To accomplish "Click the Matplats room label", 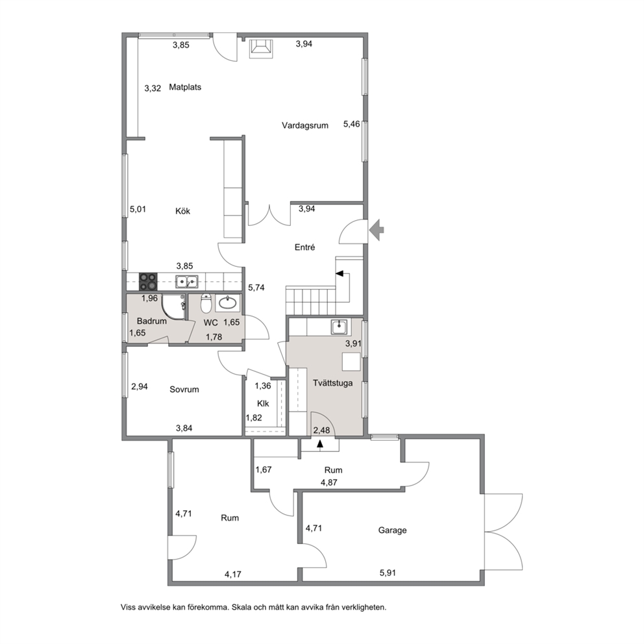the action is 185,87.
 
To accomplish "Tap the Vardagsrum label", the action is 304,126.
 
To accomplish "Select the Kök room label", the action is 183,211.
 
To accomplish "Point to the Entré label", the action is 304,247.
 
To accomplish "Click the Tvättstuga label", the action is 332,383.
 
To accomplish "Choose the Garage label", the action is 392,530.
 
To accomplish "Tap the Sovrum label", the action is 184,390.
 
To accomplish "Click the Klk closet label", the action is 263,403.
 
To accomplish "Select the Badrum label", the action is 151,321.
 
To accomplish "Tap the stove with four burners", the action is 148,282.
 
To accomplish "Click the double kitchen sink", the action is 187,281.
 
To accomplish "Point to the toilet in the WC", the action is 206,303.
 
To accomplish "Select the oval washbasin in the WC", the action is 227,303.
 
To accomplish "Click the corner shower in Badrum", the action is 173,306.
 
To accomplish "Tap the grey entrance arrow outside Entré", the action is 377,230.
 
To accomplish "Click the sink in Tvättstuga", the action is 339,327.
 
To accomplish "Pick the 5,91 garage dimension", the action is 388,573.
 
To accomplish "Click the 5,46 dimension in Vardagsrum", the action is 352,123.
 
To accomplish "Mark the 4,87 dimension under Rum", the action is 329,482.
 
